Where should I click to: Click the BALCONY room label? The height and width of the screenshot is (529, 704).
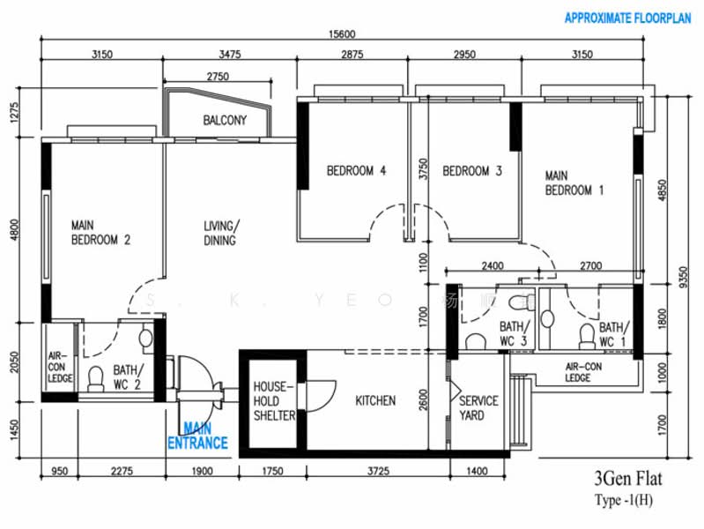coord(225,121)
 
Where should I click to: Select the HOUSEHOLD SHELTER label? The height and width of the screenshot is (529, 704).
coord(274,401)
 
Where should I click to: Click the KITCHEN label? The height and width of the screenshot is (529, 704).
coord(375,401)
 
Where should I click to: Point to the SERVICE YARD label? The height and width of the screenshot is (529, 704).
coord(478,408)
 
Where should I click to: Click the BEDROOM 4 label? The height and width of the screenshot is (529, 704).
coord(356,171)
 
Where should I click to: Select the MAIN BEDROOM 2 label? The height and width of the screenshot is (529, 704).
coord(100,232)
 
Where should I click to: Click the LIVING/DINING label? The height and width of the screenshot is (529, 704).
coord(219,232)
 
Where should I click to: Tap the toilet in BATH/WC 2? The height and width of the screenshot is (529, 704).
coord(96,377)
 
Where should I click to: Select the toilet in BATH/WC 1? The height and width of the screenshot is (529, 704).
coord(586,334)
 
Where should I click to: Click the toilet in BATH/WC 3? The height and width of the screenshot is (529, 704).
coord(475,341)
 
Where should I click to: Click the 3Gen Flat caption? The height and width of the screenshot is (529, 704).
coord(628,481)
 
